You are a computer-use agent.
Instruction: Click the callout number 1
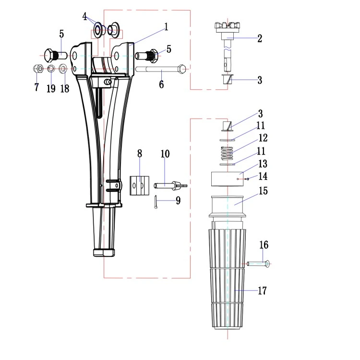pyautogui.click(x=166, y=27)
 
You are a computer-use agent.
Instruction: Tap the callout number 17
pyautogui.click(x=262, y=291)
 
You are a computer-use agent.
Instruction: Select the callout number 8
pyautogui.click(x=140, y=154)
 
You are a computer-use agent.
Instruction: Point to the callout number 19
pyautogui.click(x=51, y=88)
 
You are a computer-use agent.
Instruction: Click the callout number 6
pyautogui.click(x=161, y=84)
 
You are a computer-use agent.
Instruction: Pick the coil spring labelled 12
pyautogui.click(x=227, y=154)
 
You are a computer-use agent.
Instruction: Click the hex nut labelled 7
pyautogui.click(x=38, y=69)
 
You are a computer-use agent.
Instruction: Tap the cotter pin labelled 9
pyautogui.click(x=156, y=202)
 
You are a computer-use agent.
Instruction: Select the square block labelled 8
pyautogui.click(x=139, y=185)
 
